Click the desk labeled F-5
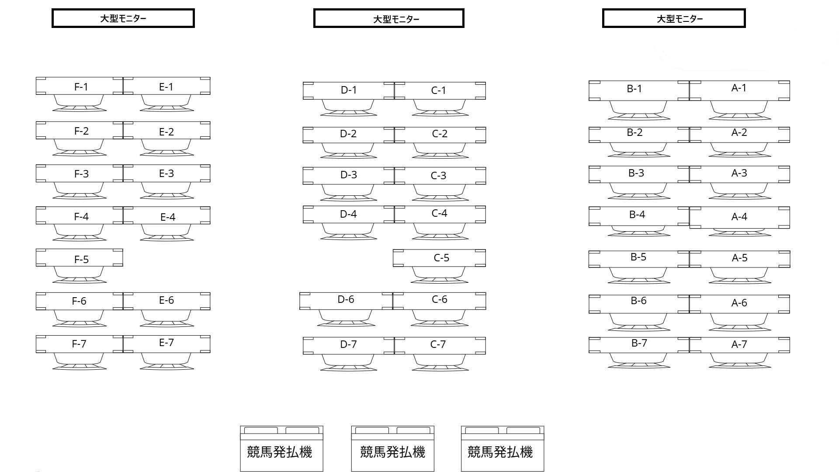click(x=79, y=257)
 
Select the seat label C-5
click(x=441, y=258)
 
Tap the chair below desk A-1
click(x=739, y=110)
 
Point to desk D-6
click(x=346, y=301)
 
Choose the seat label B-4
click(x=637, y=215)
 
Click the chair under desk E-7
click(x=166, y=361)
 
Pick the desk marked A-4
click(x=739, y=218)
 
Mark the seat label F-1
click(x=81, y=87)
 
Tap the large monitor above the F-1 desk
click(x=123, y=18)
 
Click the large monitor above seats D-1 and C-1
click(x=389, y=18)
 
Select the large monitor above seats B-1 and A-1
click(x=674, y=18)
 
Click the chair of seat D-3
click(x=348, y=193)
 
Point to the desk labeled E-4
click(x=166, y=215)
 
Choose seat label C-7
click(x=438, y=344)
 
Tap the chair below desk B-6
click(x=639, y=322)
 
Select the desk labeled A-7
click(x=739, y=345)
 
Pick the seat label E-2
click(x=166, y=132)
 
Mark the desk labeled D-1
click(x=349, y=90)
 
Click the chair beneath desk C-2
click(x=440, y=151)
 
